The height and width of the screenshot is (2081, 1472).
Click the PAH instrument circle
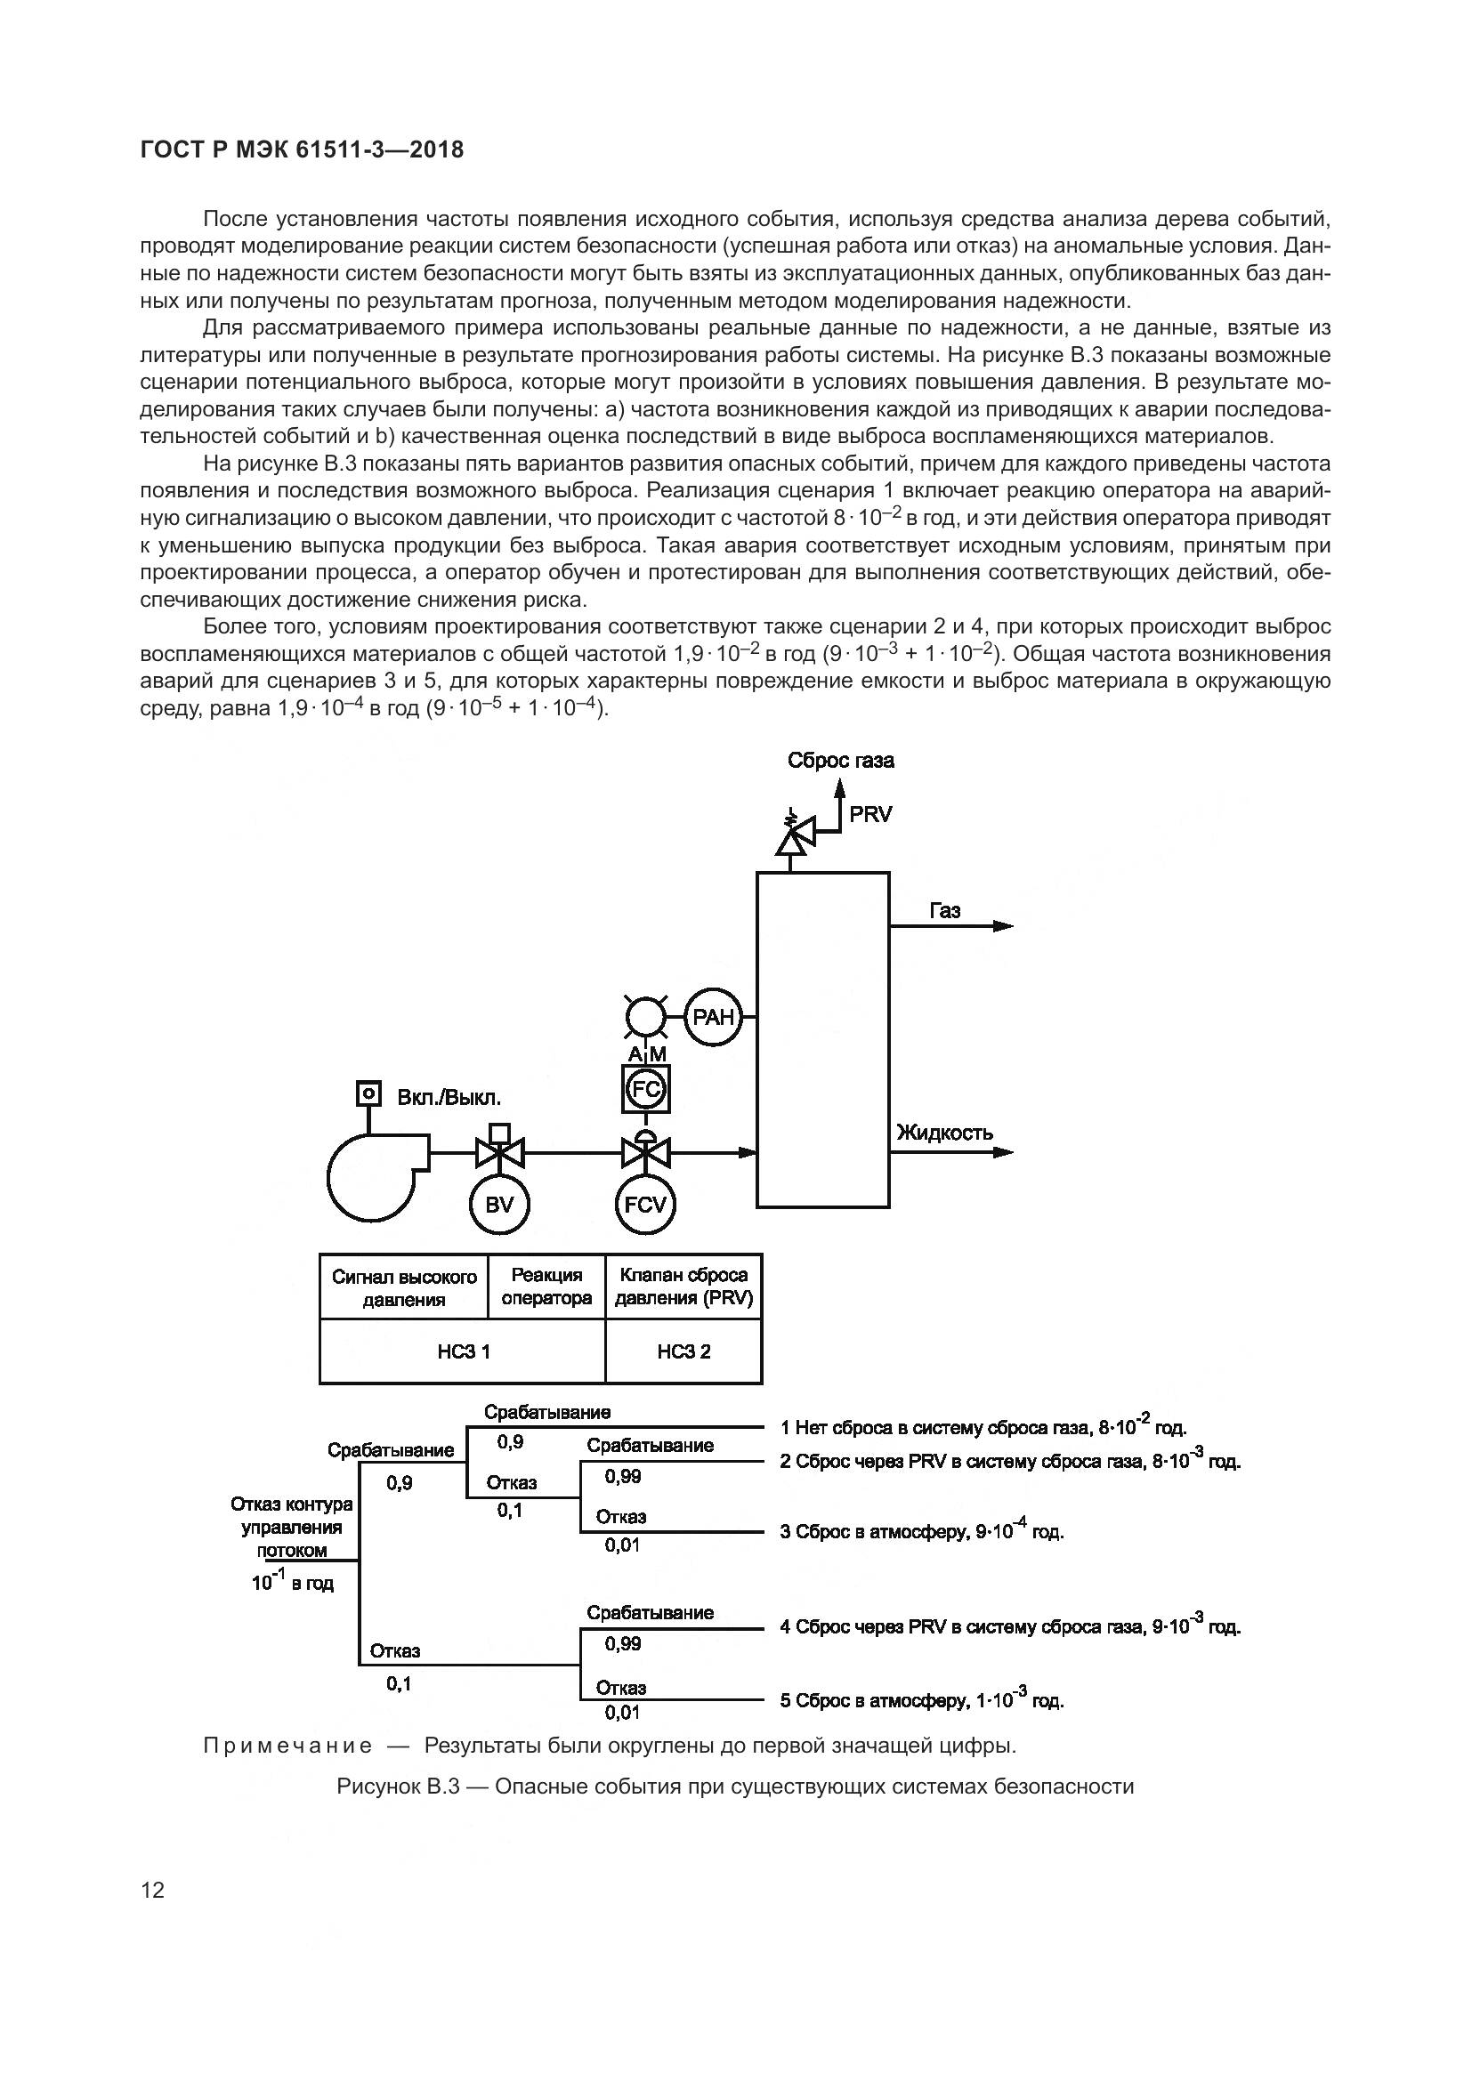(x=713, y=1017)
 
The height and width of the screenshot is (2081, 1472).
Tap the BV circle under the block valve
(x=499, y=1205)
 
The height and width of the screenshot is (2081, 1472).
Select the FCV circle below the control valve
(x=645, y=1205)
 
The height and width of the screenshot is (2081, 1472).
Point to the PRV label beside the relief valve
(x=870, y=815)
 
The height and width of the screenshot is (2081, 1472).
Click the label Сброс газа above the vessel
(x=840, y=761)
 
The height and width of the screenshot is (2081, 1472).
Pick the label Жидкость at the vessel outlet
(x=944, y=1132)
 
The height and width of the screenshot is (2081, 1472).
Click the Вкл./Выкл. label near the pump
(x=449, y=1098)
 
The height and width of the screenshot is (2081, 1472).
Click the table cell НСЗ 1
(x=463, y=1351)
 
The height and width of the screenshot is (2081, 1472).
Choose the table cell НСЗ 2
(x=683, y=1351)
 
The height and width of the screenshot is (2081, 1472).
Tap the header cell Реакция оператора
(x=546, y=1287)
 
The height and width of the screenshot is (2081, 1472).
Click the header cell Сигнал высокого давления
(x=404, y=1288)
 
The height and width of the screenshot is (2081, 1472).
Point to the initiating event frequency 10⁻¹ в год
(x=292, y=1583)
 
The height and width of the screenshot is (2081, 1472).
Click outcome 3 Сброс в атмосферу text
(x=921, y=1532)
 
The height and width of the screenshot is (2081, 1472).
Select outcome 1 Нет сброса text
(x=983, y=1427)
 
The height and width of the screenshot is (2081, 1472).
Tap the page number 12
(x=153, y=1890)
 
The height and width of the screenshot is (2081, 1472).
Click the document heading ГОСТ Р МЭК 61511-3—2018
(x=303, y=149)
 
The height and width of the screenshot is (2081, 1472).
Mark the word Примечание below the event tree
(x=287, y=1745)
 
